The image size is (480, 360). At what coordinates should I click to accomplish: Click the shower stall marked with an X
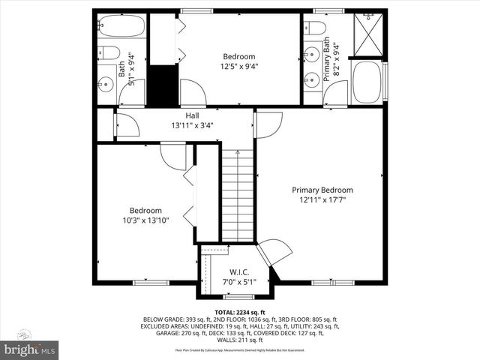[x=367, y=33]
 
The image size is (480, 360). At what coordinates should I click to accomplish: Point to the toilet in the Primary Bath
[x=316, y=29]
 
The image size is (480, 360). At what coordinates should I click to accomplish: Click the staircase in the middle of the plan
[x=237, y=195]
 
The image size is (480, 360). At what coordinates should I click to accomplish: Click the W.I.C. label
[x=239, y=271]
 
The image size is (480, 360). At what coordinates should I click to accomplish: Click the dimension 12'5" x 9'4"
[x=238, y=66]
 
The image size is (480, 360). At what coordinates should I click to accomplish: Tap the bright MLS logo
[x=30, y=349]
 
